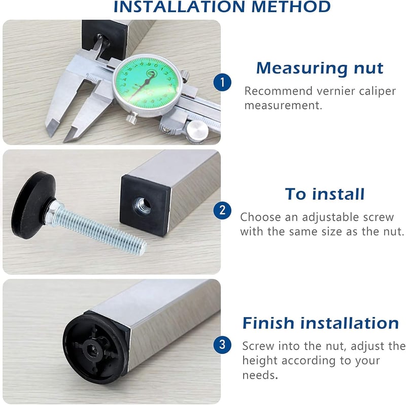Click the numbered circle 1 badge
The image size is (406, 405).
[222, 82]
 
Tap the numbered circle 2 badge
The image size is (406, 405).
[222, 210]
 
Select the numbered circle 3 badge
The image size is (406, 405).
[222, 345]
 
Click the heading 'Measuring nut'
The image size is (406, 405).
[320, 69]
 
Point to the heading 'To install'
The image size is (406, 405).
[325, 194]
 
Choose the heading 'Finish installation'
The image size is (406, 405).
[321, 323]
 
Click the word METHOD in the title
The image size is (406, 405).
[291, 7]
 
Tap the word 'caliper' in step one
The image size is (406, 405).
[377, 91]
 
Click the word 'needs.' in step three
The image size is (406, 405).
[260, 375]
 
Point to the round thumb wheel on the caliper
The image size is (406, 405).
[197, 128]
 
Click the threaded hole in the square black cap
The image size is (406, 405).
[142, 206]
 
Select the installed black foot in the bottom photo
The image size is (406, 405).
[95, 348]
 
